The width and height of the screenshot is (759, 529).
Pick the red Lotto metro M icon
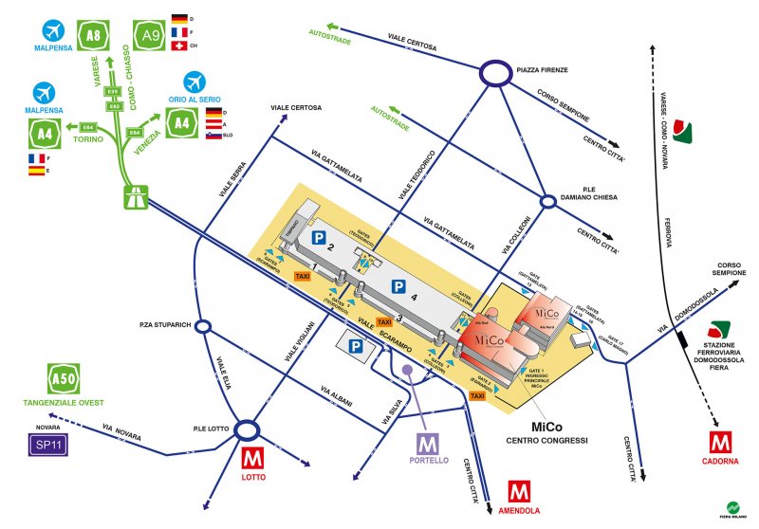click(x=251, y=457)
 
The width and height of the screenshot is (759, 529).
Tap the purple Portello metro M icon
click(x=429, y=443)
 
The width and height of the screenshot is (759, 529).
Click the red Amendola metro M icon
click(x=518, y=493)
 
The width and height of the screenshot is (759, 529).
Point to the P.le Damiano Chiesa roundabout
click(x=547, y=201)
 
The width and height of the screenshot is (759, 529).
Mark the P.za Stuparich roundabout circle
click(x=202, y=325)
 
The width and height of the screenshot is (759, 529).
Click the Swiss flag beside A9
click(x=179, y=46)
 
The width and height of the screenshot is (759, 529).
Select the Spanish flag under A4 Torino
click(x=37, y=172)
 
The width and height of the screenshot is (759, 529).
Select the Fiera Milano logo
click(x=736, y=508)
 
